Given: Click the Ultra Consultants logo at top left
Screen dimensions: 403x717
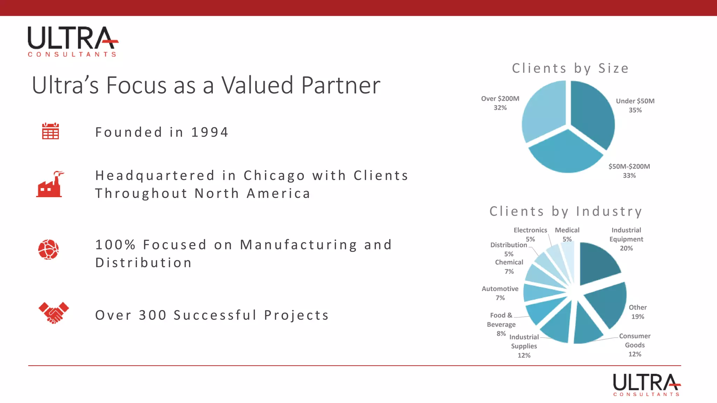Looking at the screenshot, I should point(73,41).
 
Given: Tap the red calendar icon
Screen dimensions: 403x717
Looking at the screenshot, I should point(50,131).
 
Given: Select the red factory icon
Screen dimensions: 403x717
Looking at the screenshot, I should point(50,184).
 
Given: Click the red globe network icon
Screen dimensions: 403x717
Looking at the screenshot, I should point(48,249).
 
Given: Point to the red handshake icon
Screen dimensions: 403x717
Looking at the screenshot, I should point(54,312).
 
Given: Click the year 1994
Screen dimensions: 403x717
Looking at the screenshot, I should point(210,132).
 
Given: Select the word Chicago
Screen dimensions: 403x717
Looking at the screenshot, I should point(274,176).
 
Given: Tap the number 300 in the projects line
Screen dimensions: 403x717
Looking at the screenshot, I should point(152,315).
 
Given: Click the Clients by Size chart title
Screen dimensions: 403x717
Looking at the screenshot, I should point(570,68).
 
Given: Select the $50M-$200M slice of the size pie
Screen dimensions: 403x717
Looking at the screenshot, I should point(566,154).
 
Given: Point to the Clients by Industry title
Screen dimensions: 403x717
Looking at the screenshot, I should point(566,211).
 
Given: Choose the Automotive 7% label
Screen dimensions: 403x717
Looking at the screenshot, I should point(500,293).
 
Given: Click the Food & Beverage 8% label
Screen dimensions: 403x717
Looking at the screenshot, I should point(501,324).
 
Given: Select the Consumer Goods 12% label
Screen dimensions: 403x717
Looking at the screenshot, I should point(635,345).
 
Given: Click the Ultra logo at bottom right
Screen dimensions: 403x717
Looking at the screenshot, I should point(647,384).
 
